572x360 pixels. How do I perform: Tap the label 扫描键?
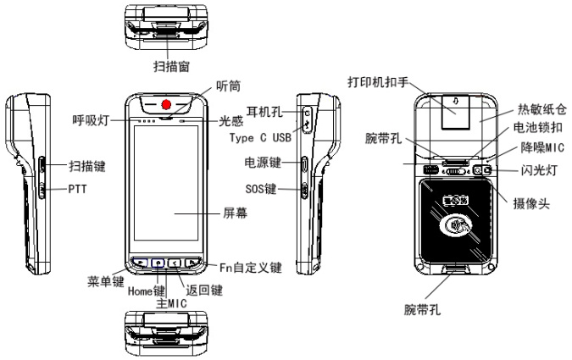[87, 167]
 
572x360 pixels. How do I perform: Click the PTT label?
[77, 191]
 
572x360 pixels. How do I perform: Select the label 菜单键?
[107, 281]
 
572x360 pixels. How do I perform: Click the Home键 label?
[147, 293]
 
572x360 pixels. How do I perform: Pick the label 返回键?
[204, 291]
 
